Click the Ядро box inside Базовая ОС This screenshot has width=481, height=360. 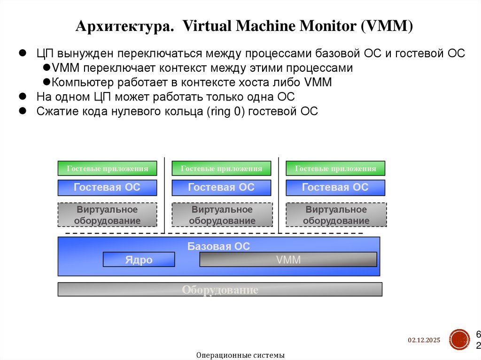(139, 260)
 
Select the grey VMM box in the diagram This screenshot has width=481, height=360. (288, 260)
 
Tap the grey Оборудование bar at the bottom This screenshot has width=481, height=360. (220, 290)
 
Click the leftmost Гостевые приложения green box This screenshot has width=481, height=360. (107, 169)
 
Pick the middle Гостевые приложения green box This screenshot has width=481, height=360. (221, 169)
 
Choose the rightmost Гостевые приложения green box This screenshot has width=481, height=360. (335, 169)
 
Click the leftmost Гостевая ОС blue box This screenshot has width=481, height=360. (107, 188)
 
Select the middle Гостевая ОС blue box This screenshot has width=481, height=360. (221, 188)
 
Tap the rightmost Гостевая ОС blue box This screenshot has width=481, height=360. (335, 188)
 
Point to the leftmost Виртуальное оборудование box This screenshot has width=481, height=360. (107, 215)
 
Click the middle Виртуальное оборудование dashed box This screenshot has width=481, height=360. (222, 215)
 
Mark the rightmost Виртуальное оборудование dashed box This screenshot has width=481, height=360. (336, 215)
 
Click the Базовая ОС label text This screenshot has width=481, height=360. (218, 246)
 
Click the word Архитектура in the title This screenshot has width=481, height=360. (124, 26)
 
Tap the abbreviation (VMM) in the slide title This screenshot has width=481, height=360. (387, 26)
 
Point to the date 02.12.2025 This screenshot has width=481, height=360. (424, 340)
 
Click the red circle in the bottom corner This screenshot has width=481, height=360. (459, 339)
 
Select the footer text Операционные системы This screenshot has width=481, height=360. (240, 355)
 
